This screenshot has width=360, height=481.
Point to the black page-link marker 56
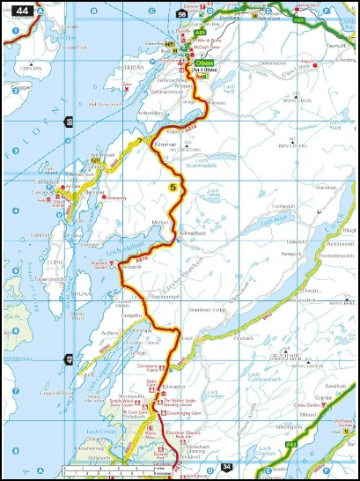[181, 15]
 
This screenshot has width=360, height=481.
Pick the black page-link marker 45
[70, 359]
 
